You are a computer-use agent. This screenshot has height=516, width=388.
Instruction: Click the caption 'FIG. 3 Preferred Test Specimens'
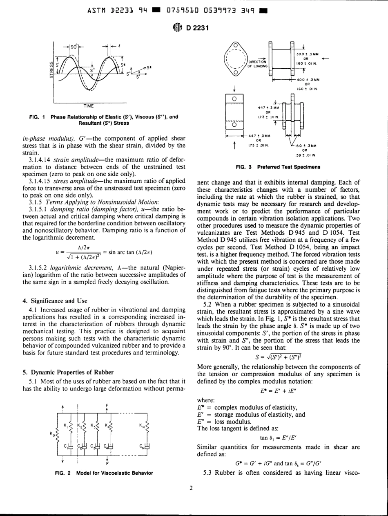point(277,167)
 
